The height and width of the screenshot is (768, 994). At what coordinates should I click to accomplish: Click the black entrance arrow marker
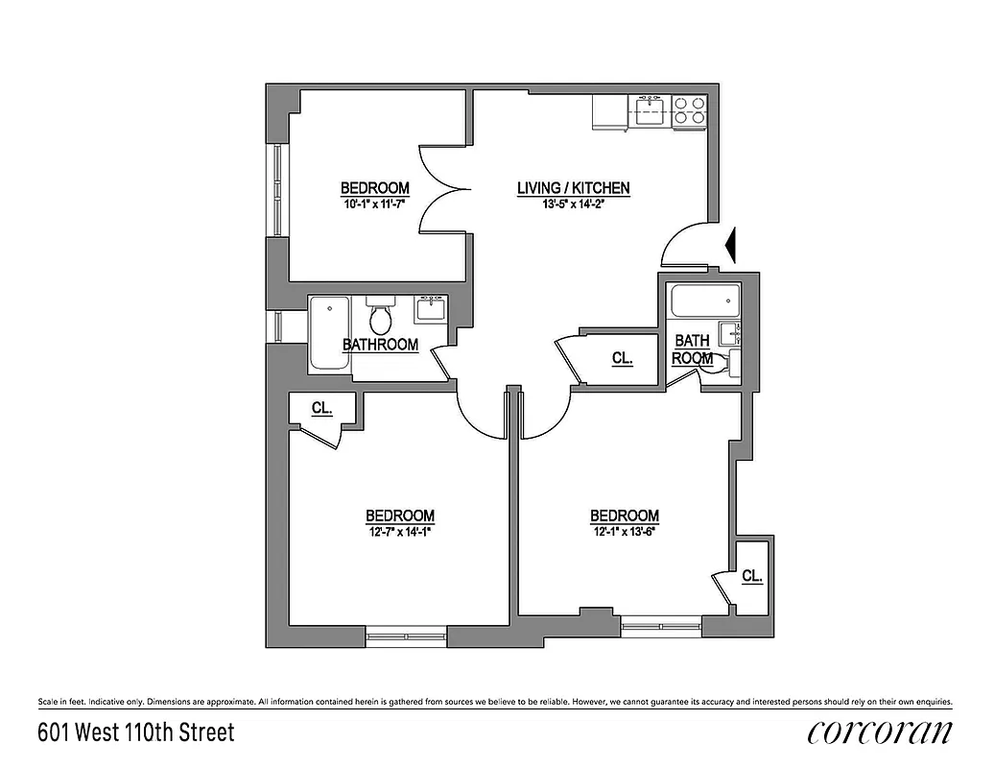(730, 245)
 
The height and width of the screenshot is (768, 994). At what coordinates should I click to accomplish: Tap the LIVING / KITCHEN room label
(573, 188)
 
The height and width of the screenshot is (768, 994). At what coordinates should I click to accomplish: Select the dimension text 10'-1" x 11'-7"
(375, 204)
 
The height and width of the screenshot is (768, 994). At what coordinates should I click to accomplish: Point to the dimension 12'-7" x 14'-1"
(400, 532)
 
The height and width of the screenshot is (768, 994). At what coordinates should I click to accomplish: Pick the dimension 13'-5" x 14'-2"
(573, 204)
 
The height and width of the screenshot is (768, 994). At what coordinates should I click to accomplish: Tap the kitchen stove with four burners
(689, 111)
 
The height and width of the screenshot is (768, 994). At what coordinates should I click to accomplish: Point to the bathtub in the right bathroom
(704, 303)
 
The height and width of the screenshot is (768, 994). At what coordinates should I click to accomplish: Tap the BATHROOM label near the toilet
(381, 345)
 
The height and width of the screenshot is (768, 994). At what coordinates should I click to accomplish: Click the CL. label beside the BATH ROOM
(622, 359)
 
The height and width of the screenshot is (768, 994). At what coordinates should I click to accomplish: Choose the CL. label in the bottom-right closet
(752, 577)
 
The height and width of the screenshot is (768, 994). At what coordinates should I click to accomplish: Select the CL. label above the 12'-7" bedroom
(321, 408)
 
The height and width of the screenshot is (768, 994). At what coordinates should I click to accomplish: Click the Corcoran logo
(880, 732)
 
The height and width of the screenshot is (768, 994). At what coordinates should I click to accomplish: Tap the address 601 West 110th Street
(135, 733)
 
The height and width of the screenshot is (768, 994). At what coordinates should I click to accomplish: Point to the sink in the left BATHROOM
(428, 309)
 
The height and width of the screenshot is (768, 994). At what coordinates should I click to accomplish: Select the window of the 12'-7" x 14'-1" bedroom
(406, 634)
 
